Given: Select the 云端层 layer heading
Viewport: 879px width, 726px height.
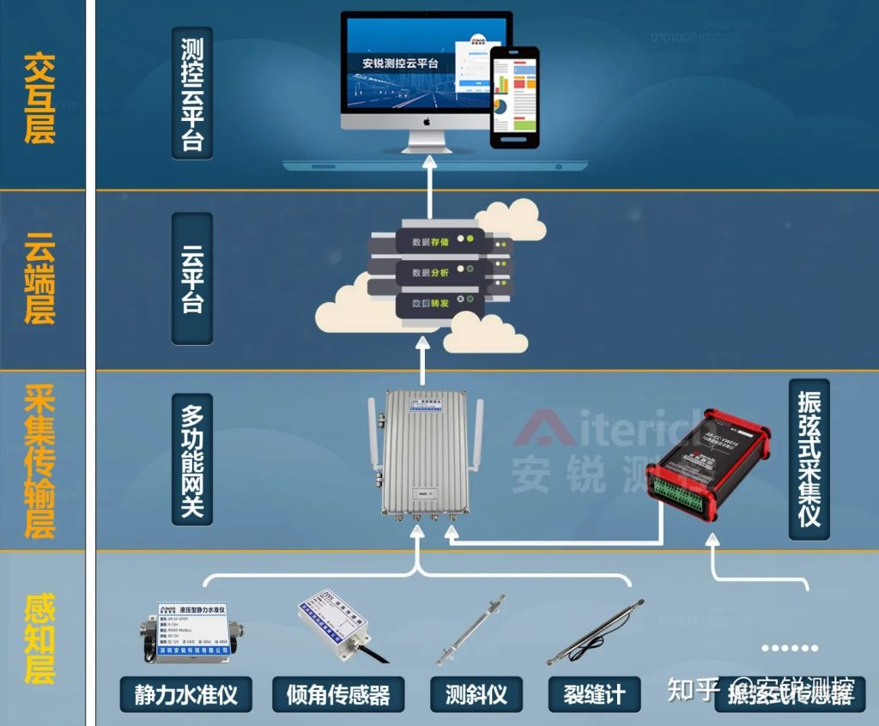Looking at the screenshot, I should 39,279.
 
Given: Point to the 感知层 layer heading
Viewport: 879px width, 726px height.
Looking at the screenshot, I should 39,638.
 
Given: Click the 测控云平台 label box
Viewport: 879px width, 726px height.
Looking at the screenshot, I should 192,94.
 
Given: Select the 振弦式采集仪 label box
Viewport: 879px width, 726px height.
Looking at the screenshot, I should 809,459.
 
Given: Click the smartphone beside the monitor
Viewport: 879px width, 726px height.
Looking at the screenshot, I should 514,96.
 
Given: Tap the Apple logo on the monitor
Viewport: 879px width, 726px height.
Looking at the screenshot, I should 426,121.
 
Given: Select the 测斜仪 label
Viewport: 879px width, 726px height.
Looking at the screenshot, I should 476,693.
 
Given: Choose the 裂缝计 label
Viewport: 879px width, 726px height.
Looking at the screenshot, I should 594,693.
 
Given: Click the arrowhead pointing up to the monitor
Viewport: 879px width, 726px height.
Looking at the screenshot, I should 426,170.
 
